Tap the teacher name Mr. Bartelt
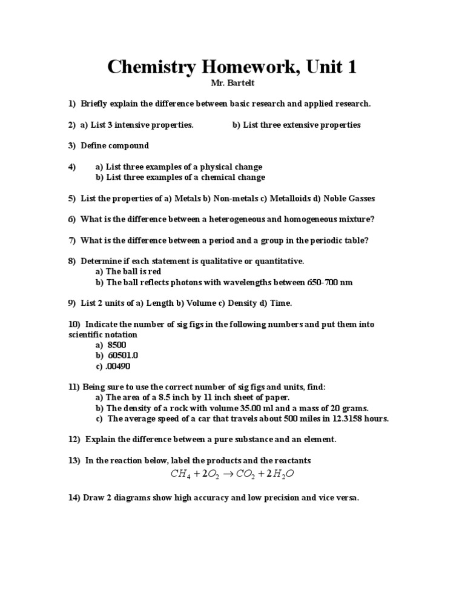click(232, 83)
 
